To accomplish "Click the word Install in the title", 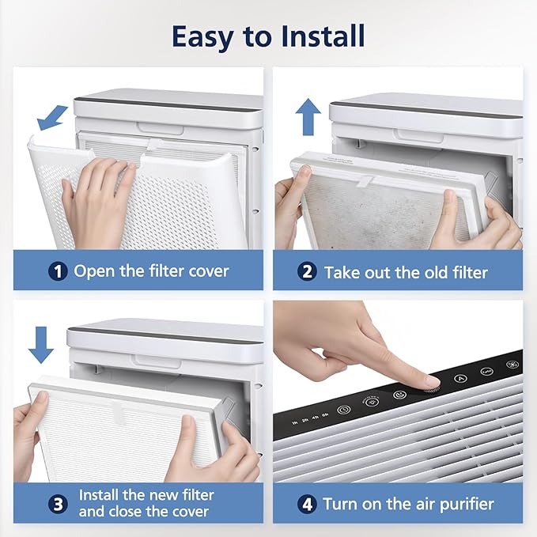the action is point(323,36).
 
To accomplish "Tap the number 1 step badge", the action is point(58,271).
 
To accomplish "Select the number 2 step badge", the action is point(307,272).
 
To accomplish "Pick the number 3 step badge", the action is point(58,504).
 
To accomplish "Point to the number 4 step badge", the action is point(307,505).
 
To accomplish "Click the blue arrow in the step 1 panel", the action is point(52,118).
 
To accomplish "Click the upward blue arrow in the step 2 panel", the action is point(308,117).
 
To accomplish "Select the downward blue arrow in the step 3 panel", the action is point(41,345).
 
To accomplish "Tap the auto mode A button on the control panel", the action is point(460,379).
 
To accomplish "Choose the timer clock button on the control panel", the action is point(343,410).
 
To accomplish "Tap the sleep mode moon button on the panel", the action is point(399,395).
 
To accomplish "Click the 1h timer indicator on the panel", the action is point(294,423).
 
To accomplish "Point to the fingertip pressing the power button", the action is point(431,383).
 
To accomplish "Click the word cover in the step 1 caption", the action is point(209,271).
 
